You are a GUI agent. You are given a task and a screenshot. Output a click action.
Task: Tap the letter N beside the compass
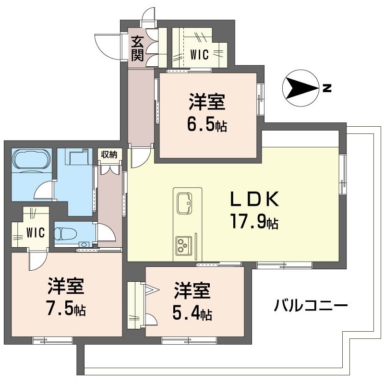(x=327, y=88)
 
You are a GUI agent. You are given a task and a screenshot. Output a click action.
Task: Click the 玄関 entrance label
(x=138, y=48)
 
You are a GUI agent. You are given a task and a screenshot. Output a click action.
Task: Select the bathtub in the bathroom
(x=30, y=159)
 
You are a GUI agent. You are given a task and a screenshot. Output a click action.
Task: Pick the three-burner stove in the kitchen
(x=183, y=244)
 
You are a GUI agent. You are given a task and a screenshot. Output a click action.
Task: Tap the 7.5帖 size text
(x=66, y=310)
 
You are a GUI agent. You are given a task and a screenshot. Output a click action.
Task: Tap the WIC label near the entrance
(x=199, y=55)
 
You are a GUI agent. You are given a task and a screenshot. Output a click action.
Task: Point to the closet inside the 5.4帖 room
(x=136, y=305)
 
